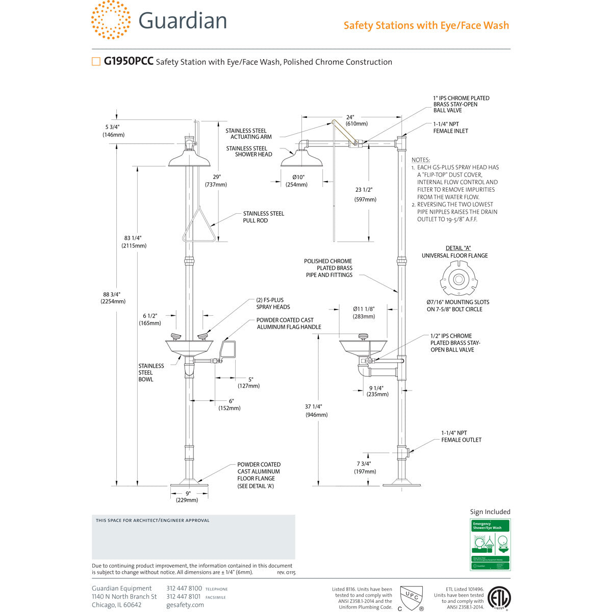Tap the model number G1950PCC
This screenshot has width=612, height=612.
click(129, 62)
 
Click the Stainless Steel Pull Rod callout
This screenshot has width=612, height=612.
click(263, 217)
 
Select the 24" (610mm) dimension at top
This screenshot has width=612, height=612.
click(356, 120)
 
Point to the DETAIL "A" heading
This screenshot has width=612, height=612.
click(458, 248)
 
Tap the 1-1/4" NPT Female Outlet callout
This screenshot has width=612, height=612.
click(461, 436)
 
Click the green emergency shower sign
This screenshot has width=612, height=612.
click(490, 544)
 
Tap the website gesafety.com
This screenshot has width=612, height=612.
click(185, 605)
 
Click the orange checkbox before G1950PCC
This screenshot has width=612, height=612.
click(96, 62)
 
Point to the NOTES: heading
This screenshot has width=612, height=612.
click(421, 160)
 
